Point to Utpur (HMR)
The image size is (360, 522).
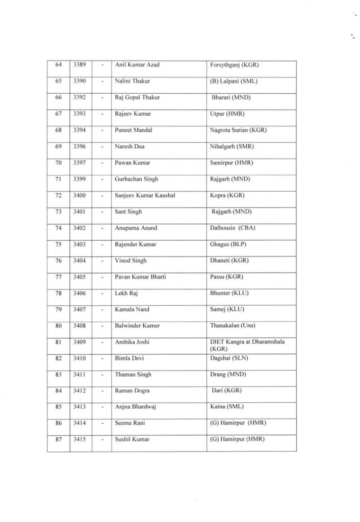225,114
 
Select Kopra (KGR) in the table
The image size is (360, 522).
226,196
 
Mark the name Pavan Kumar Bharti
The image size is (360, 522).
141,277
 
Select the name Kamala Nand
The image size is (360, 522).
133,309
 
